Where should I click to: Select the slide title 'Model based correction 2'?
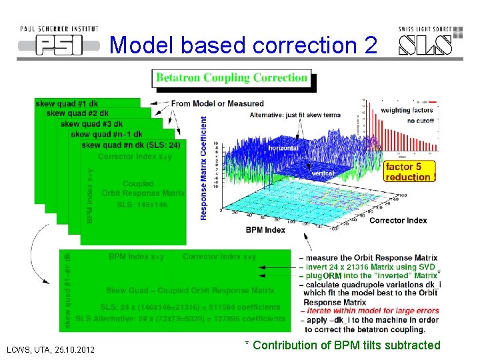(x=243, y=45)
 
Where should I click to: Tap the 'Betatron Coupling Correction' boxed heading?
(x=231, y=78)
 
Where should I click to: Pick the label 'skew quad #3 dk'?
(x=91, y=124)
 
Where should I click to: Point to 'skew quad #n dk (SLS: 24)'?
(x=131, y=145)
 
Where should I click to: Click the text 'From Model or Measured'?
(x=217, y=103)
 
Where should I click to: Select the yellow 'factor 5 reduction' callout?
(x=410, y=172)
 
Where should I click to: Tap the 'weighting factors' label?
(x=407, y=110)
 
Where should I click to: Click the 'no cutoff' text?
(x=420, y=121)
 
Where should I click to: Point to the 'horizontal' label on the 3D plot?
(x=283, y=147)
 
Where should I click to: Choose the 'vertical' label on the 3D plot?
(x=323, y=173)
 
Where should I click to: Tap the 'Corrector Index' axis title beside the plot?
(x=397, y=221)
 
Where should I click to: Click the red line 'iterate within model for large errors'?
(x=371, y=311)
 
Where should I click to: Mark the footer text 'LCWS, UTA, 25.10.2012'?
(x=50, y=350)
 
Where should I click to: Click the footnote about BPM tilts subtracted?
(x=343, y=345)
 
